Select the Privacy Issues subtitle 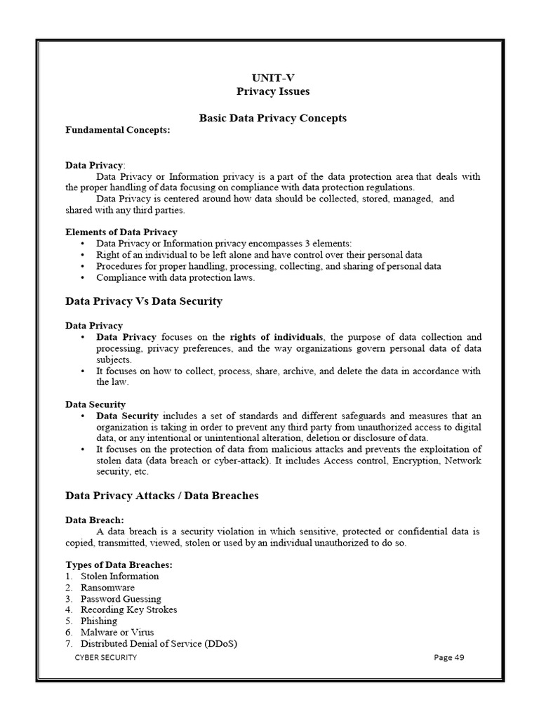click(272, 92)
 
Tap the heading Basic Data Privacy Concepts click(272, 119)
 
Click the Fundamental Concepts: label click(117, 130)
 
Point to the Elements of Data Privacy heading click(121, 232)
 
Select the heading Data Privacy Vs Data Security click(144, 301)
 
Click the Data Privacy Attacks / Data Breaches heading click(162, 496)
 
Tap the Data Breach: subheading click(95, 520)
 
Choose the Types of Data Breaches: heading click(119, 565)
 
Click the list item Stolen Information click(119, 576)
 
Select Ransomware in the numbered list click(107, 588)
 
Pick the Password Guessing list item click(121, 599)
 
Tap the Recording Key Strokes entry click(128, 610)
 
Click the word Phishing click(99, 621)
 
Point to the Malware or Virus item click(117, 633)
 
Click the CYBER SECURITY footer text click(106, 658)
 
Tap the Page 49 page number click(449, 658)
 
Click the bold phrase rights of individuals click(277, 337)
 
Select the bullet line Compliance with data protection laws click(175, 277)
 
